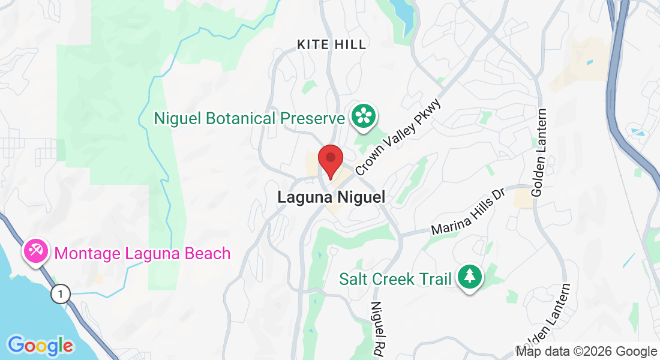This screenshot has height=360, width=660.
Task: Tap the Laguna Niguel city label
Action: (331, 197)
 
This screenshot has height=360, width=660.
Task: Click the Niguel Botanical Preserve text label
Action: (249, 118)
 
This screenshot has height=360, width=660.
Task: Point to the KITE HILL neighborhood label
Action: (332, 44)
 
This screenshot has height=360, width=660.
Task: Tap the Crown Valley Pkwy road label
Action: (398, 137)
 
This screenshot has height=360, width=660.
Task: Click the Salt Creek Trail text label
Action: (395, 279)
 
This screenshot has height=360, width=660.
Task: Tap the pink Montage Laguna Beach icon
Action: (35, 251)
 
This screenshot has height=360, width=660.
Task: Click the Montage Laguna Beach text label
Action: (142, 253)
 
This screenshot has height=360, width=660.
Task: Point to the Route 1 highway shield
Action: (60, 294)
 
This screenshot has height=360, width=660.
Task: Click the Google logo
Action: (40, 346)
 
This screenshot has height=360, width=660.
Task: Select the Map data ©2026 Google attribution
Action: (586, 352)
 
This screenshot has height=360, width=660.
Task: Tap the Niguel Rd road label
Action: (378, 329)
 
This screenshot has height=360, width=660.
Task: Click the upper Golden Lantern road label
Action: (539, 152)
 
